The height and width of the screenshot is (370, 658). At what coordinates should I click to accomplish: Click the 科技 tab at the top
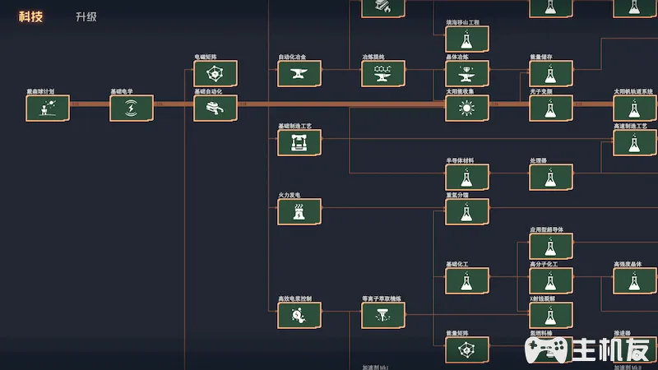coord(30,16)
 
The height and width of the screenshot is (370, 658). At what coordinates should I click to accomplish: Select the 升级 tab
coord(86,16)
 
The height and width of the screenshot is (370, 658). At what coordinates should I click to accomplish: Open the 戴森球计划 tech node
coord(48,108)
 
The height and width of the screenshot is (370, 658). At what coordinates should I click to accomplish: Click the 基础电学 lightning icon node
coord(132,108)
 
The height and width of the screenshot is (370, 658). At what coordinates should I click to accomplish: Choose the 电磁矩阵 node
coord(215,73)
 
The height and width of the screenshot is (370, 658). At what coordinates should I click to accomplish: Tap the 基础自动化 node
coord(215,108)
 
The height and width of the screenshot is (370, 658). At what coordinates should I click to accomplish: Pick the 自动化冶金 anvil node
coord(299,73)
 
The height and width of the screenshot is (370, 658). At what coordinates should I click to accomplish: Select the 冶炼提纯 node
coord(383,73)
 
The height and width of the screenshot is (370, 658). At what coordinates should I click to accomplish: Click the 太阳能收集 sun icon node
coord(467,108)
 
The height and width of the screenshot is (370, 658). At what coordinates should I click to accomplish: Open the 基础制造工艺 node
coord(299,142)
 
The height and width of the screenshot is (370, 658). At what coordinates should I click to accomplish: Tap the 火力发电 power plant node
coord(299,211)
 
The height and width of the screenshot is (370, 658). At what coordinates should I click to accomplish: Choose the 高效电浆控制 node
coord(299,315)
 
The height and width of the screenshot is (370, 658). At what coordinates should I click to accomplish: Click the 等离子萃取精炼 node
coord(383,315)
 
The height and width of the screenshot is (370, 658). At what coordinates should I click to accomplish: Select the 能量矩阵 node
coord(467,349)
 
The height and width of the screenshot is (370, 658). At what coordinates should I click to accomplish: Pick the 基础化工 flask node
coord(467,280)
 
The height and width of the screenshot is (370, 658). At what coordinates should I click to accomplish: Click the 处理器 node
coord(551,177)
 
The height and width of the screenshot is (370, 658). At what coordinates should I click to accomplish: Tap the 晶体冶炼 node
coord(467,73)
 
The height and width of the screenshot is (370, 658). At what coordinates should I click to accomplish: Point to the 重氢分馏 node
coord(467,211)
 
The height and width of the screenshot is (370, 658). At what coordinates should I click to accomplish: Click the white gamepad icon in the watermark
coord(547,350)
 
